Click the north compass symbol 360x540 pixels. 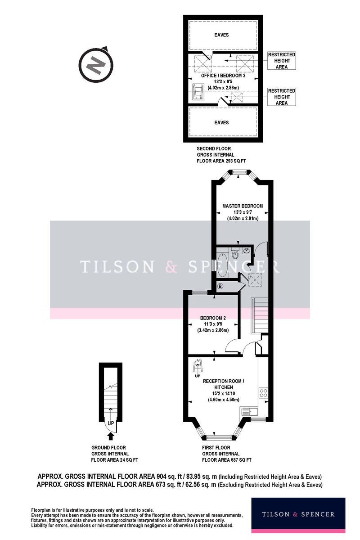96,64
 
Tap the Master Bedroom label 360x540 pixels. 243,206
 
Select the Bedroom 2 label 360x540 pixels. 213,318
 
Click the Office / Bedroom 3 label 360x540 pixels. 223,76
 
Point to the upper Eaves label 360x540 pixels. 221,35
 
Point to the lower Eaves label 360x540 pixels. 221,122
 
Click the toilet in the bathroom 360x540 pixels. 235,252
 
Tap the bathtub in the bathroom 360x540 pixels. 222,265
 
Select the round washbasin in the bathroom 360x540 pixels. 247,251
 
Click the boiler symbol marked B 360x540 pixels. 220,286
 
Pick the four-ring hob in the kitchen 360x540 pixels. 263,392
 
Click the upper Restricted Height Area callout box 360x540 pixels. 281,61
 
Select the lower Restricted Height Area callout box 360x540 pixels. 281,97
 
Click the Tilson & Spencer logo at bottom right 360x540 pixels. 298,515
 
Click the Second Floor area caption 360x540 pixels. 221,155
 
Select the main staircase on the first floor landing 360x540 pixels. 260,315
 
